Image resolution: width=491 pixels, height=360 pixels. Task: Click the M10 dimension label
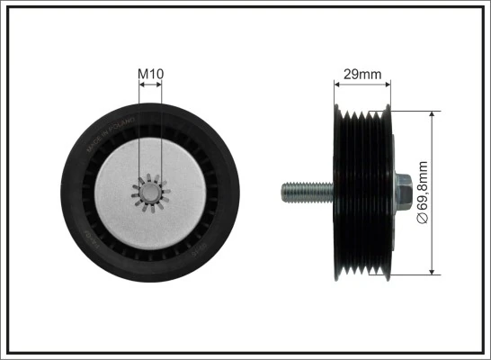pyautogui.click(x=151, y=73)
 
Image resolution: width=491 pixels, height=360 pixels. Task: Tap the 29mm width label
pyautogui.click(x=363, y=74)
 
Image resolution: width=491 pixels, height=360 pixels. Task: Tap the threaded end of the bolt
pyautogui.click(x=298, y=192)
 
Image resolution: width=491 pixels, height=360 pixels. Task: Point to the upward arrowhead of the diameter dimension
pyautogui.click(x=433, y=116)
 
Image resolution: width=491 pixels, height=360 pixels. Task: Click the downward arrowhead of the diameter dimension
pyautogui.click(x=433, y=269)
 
